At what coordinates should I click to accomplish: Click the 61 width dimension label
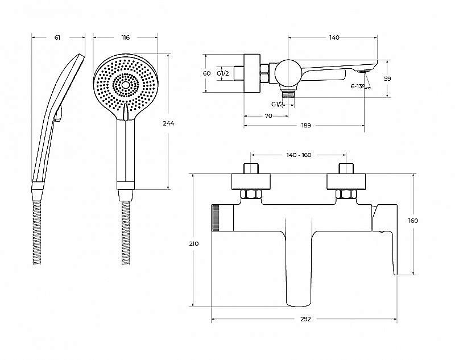tap(57, 38)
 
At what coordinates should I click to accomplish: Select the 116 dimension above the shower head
tap(125, 38)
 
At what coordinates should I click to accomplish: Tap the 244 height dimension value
tap(168, 123)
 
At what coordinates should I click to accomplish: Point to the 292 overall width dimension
tap(305, 319)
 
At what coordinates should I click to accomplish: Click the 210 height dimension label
tap(193, 243)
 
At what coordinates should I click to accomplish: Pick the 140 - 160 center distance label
tap(299, 155)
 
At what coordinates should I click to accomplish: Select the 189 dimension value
tap(306, 125)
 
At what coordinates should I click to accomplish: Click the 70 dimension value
tap(268, 116)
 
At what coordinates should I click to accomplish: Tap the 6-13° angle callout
tap(357, 86)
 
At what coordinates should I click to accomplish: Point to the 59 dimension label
tap(387, 78)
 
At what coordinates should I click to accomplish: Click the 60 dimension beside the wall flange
tap(206, 73)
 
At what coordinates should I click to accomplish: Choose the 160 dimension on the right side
tap(413, 221)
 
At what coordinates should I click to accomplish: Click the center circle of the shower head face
tap(126, 85)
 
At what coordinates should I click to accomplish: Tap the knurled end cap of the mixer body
tap(216, 218)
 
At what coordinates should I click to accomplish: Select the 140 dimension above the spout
tap(334, 38)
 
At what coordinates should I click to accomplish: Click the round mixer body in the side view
tap(287, 73)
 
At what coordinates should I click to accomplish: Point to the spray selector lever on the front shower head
tap(125, 112)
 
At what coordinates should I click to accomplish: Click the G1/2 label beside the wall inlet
tap(223, 73)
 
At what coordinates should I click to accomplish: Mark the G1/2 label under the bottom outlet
tap(278, 104)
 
